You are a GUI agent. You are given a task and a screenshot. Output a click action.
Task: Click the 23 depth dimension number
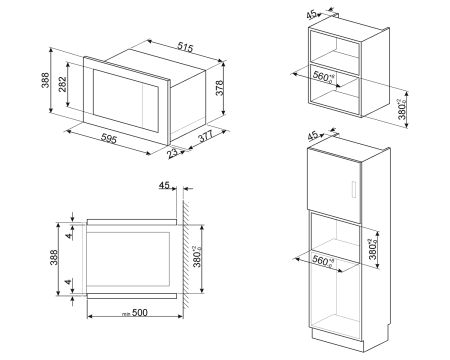(174, 153)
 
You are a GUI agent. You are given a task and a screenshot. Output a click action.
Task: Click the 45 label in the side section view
(165, 186)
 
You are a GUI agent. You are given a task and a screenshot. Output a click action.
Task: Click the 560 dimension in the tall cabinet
(321, 262)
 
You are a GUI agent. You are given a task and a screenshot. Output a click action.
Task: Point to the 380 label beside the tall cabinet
(401, 246)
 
